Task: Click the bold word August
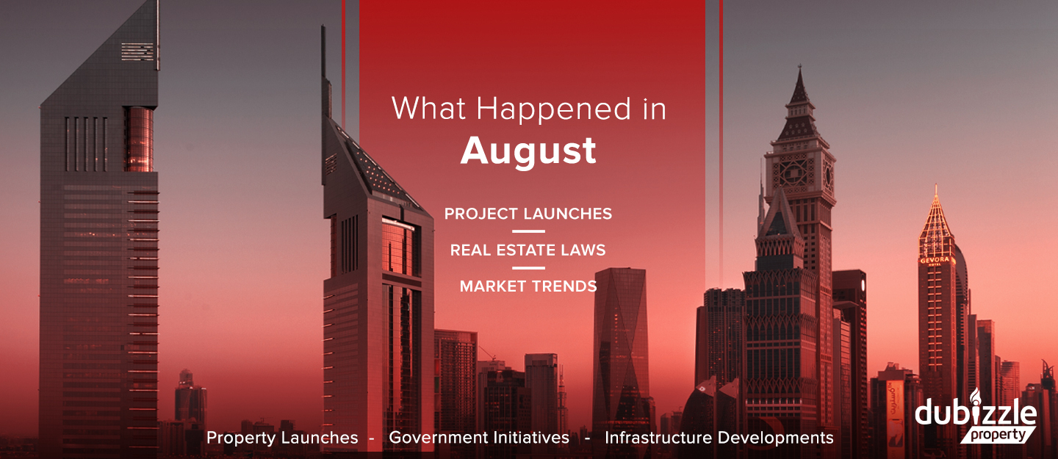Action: click(528, 151)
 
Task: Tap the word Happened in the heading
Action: click(553, 110)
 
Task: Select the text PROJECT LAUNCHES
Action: click(528, 214)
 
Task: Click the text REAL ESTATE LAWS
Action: click(528, 250)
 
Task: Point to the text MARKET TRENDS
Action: click(528, 286)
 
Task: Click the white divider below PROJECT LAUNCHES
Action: click(528, 231)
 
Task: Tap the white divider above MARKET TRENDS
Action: click(528, 268)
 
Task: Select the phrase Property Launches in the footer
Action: click(282, 438)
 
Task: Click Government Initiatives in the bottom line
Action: click(479, 438)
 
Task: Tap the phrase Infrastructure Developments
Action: click(719, 438)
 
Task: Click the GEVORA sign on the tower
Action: click(935, 260)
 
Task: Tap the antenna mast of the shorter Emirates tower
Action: click(325, 71)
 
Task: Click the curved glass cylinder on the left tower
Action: click(139, 140)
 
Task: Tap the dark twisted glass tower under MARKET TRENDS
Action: click(619, 344)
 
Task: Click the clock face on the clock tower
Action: click(793, 173)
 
